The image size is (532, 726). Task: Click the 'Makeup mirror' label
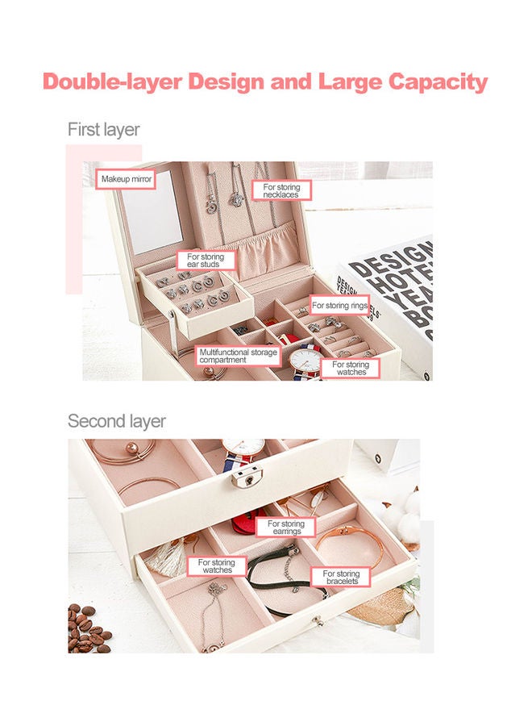[x=125, y=178]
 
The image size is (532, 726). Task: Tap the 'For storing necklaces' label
[x=281, y=190]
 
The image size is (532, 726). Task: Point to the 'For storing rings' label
[x=339, y=306]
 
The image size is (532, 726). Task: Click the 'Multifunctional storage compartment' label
[x=238, y=356]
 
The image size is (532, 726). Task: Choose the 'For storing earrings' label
[x=287, y=528]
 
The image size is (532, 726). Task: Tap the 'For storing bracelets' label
[x=341, y=578]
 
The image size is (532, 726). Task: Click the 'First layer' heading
[x=103, y=129]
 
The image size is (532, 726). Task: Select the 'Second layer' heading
[x=116, y=421]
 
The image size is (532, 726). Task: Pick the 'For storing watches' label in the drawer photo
[x=217, y=565]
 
